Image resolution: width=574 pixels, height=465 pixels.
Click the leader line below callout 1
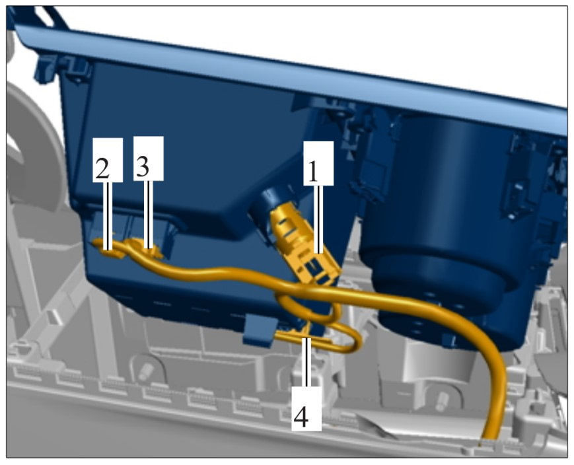coord(318,219)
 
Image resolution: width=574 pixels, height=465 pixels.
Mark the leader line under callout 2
coord(108,216)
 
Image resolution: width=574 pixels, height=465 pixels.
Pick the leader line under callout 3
coord(149,215)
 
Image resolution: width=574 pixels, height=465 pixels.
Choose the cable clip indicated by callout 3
coord(145,248)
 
